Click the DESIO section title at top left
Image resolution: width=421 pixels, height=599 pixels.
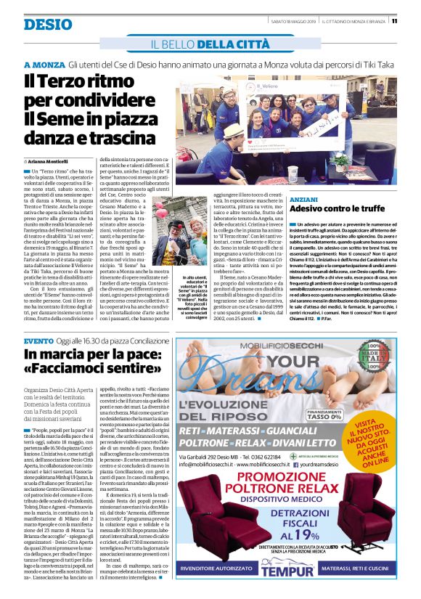pos(48,24)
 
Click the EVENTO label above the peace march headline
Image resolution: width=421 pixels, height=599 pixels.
pos(38,341)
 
